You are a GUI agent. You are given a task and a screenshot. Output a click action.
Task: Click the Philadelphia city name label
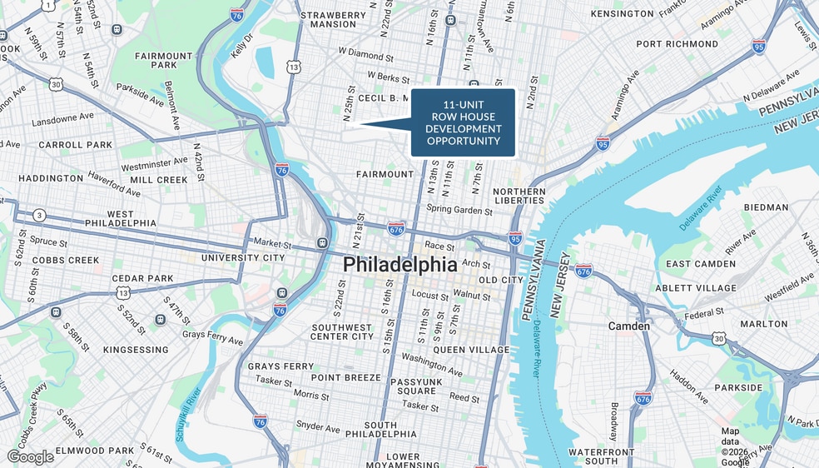coord(400,265)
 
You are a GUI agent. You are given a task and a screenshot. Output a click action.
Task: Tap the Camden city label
coord(628,326)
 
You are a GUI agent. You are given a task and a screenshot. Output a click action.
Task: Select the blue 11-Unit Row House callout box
coord(464,122)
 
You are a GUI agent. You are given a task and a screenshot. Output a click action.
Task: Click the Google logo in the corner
coord(30,456)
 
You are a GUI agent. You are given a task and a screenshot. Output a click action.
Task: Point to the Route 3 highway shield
coord(39,216)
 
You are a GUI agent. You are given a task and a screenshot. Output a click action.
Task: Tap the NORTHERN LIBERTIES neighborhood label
coord(519,196)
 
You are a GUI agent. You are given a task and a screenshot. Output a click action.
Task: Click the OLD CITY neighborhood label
coord(500,280)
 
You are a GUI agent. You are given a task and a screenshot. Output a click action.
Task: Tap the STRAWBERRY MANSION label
coord(333,20)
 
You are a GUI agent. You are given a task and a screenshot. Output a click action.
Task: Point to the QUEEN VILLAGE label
coord(471,351)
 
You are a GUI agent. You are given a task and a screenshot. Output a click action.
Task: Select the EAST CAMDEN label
coord(701,264)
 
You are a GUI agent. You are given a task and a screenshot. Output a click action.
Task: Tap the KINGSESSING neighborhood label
coord(136,350)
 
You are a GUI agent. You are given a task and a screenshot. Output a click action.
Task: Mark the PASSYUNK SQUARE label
coord(415,386)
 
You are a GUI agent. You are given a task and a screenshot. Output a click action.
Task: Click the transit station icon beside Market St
coord(322,243)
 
